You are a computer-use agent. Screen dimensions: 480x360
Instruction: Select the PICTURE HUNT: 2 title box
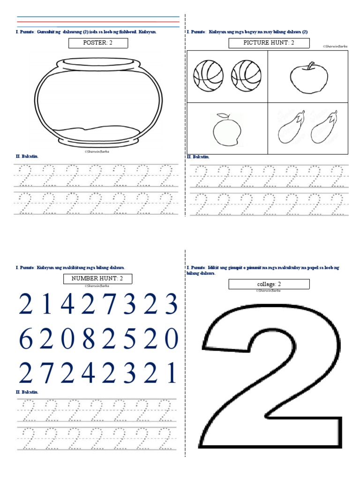pyautogui.click(x=269, y=44)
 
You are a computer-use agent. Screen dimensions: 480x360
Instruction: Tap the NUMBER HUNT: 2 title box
pyautogui.click(x=98, y=279)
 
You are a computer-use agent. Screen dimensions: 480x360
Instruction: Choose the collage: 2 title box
pyautogui.click(x=269, y=284)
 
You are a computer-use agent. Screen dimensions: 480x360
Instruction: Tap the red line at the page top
pyautogui.click(x=98, y=22)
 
